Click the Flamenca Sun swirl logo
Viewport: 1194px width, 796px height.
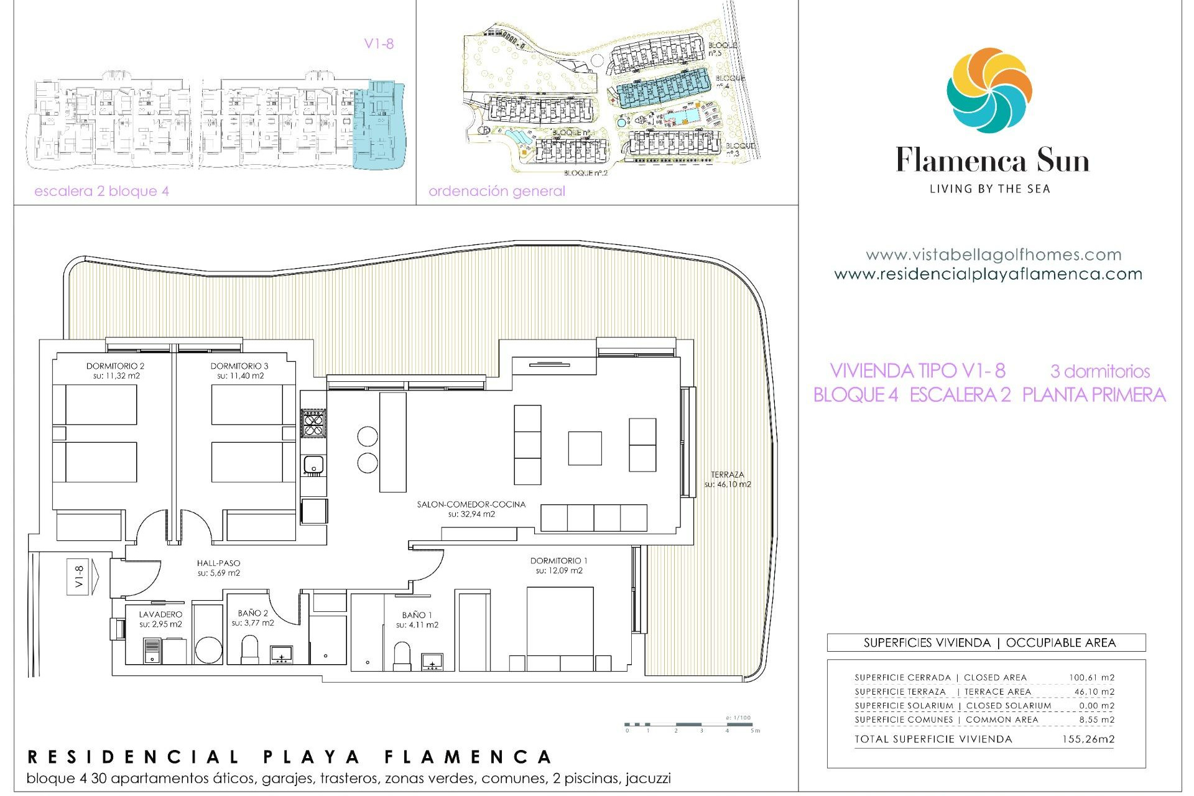pos(989,91)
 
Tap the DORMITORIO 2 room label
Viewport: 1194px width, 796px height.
pos(115,366)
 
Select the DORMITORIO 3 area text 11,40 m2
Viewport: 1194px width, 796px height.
pos(241,376)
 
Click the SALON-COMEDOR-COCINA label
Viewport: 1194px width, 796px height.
pos(471,504)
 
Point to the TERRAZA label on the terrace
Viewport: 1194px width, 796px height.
pos(727,474)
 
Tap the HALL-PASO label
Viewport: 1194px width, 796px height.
pos(218,563)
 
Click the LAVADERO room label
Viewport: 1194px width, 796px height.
pos(160,614)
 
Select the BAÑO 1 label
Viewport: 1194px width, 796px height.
pos(417,615)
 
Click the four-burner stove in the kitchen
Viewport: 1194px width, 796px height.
pos(313,423)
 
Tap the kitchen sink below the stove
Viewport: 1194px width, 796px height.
pos(313,465)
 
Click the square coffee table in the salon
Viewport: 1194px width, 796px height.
pos(585,448)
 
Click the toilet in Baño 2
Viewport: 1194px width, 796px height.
pos(249,649)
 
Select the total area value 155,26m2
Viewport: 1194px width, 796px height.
pos(1088,739)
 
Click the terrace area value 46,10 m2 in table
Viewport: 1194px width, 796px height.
pos(1094,692)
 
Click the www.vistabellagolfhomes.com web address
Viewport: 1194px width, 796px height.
pos(993,255)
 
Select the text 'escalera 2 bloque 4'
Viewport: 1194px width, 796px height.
pos(101,192)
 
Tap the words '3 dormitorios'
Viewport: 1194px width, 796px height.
pos(1099,371)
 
